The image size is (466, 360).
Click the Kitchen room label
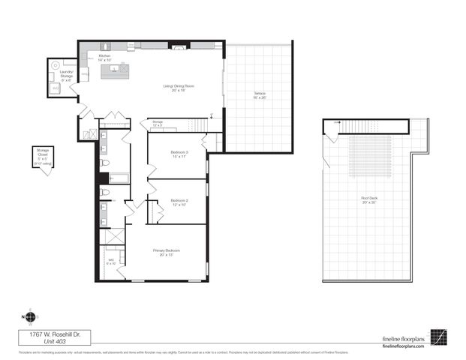click(104, 57)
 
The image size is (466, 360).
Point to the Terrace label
click(259, 95)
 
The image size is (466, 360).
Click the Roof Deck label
click(368, 199)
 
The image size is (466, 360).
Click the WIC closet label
click(111, 262)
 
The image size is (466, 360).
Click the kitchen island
click(115, 72)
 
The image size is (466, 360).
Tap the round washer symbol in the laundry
click(55, 66)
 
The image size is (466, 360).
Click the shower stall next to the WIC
click(113, 238)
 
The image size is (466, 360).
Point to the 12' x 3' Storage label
click(158, 122)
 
